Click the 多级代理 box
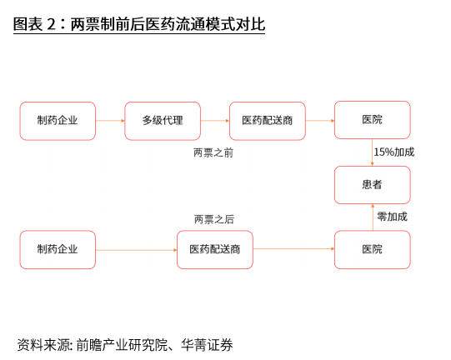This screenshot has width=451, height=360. click(x=163, y=121)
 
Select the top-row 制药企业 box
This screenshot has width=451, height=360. click(x=58, y=121)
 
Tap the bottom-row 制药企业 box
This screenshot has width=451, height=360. click(x=58, y=250)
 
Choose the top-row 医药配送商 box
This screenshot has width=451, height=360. click(x=268, y=121)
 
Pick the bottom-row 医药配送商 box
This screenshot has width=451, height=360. click(x=215, y=250)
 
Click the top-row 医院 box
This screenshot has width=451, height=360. click(x=373, y=120)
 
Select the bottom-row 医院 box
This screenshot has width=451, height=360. click(x=373, y=250)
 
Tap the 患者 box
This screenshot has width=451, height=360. click(x=373, y=185)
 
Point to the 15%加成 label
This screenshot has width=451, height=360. click(x=394, y=152)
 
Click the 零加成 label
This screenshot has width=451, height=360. click(x=393, y=217)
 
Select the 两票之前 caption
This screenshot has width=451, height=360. click(x=213, y=152)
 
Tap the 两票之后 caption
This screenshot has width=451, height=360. click(x=214, y=219)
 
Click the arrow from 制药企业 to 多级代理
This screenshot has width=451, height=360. click(x=110, y=121)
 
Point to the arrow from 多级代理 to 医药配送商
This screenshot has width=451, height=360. click(x=215, y=121)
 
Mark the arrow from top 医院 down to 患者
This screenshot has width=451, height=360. click(x=372, y=152)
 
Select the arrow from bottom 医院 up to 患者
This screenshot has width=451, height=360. click(x=373, y=217)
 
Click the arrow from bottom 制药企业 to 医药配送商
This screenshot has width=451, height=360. click(x=137, y=250)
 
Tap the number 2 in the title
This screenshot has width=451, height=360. click(x=51, y=24)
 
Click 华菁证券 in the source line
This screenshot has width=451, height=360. click(x=207, y=345)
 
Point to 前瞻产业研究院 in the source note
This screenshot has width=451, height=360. click(x=122, y=345)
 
